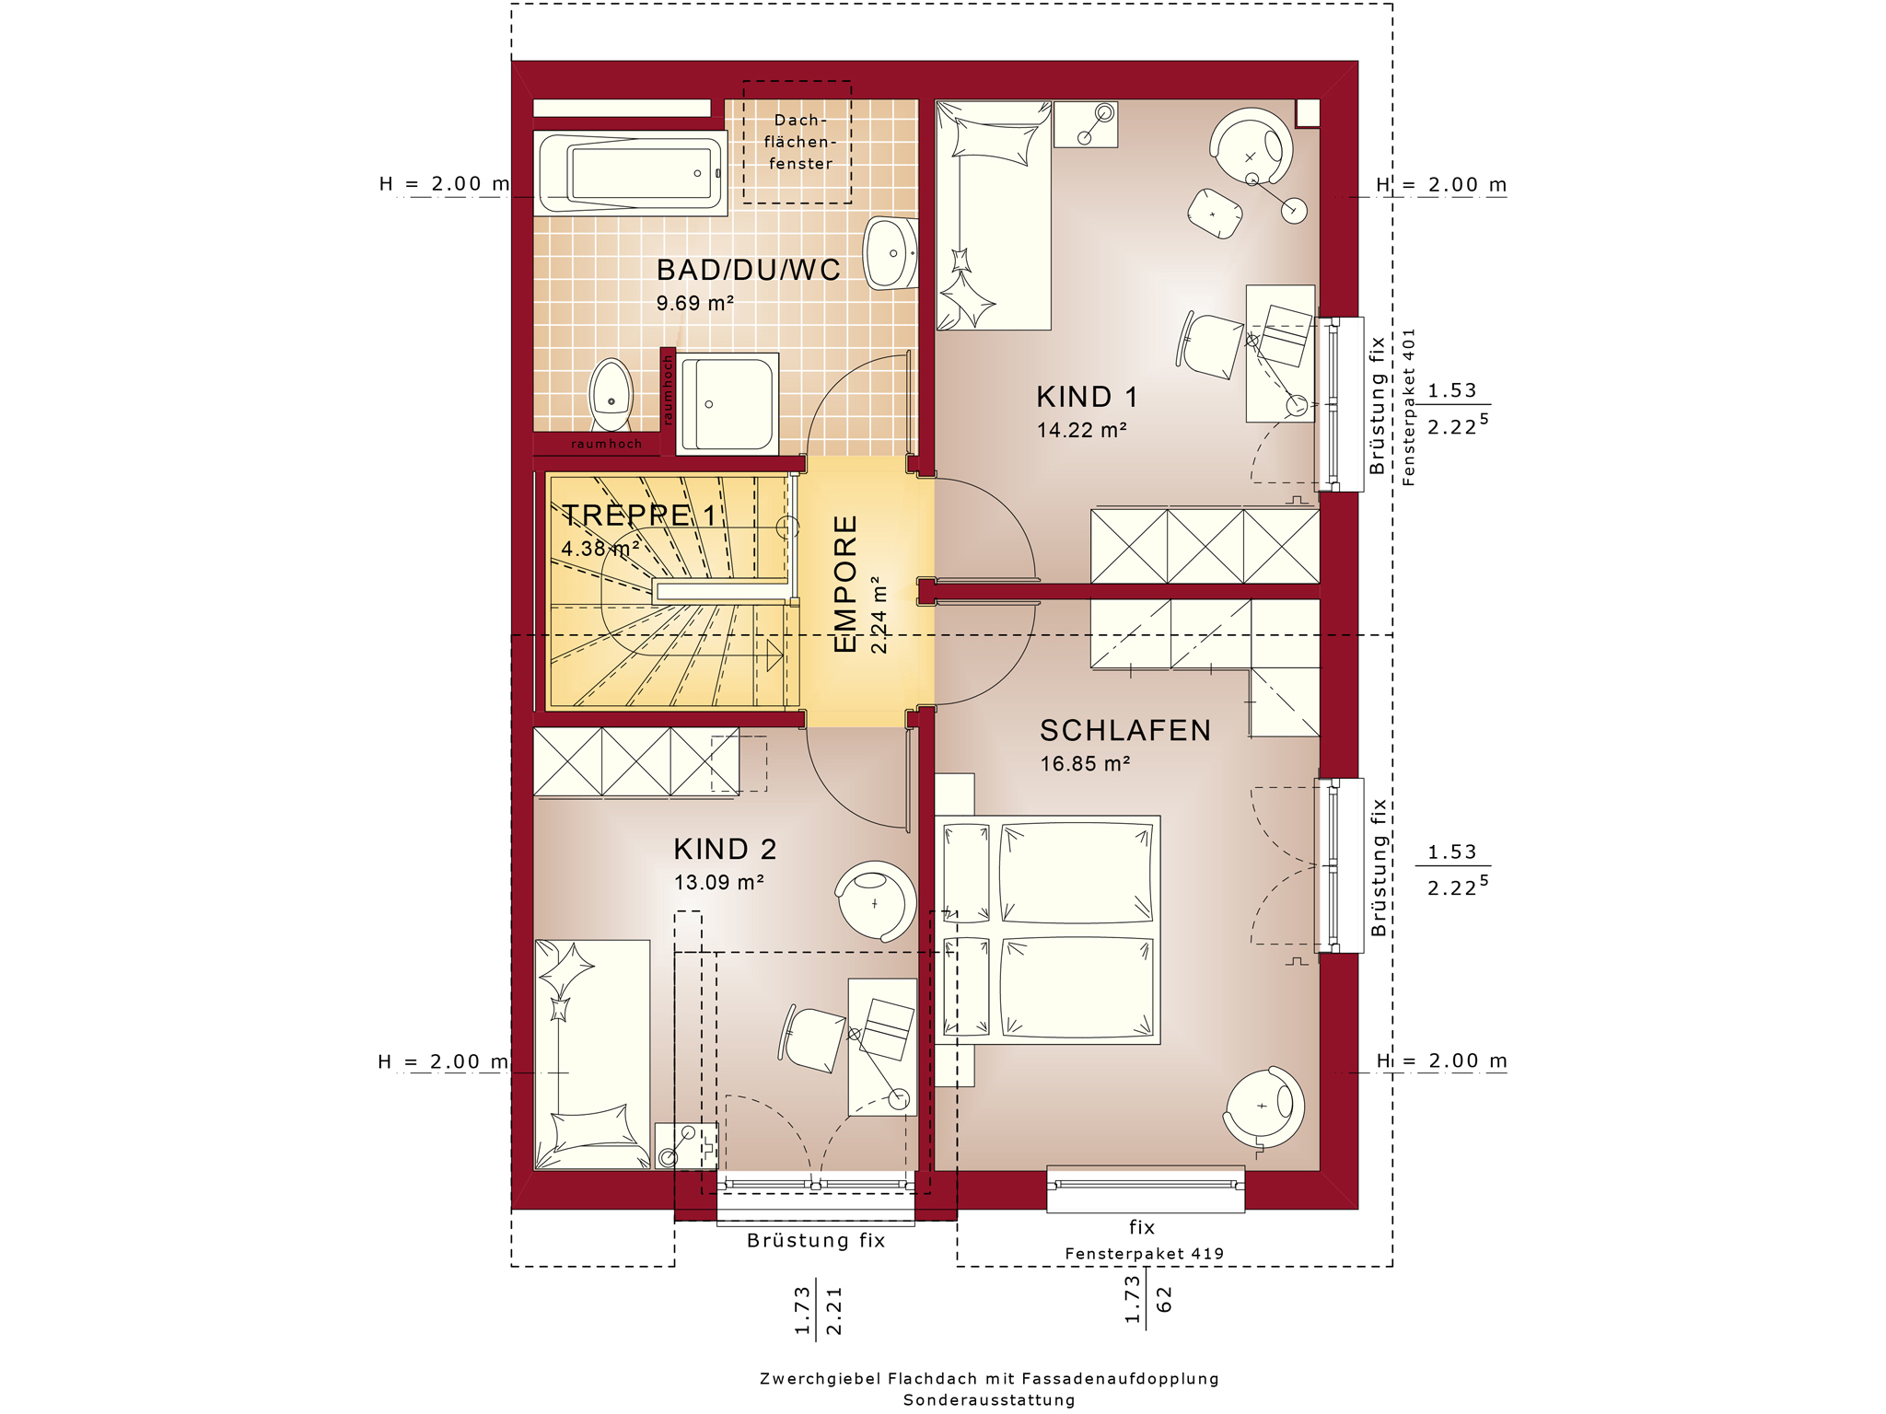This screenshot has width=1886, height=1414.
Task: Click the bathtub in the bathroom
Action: (x=631, y=173)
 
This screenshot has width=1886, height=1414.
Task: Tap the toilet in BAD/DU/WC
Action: (x=611, y=394)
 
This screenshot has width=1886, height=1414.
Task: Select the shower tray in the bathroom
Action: (x=728, y=403)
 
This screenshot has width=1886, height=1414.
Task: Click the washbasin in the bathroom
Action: (x=891, y=253)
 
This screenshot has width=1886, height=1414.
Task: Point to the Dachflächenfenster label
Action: (x=800, y=142)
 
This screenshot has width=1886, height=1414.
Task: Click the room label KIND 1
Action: (x=1087, y=397)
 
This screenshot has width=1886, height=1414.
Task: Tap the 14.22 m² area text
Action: (x=1082, y=430)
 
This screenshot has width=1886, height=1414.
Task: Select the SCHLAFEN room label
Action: (x=1125, y=730)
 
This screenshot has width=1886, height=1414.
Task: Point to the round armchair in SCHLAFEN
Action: (x=1263, y=1108)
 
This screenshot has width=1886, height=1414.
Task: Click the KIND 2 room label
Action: (x=725, y=849)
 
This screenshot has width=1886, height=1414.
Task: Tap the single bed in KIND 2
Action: (x=592, y=1055)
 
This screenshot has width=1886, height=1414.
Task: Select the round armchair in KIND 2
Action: (x=876, y=901)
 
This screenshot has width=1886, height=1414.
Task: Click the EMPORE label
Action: (x=845, y=584)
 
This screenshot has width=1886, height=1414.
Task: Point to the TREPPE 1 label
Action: (x=639, y=516)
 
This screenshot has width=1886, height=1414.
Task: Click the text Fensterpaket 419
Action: (x=1145, y=1254)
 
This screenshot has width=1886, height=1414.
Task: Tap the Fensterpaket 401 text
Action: (x=1409, y=407)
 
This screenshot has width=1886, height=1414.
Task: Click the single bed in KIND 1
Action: (x=994, y=215)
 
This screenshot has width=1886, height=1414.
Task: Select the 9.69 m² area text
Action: (x=694, y=303)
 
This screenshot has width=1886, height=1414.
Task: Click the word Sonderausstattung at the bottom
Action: (x=989, y=1400)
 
